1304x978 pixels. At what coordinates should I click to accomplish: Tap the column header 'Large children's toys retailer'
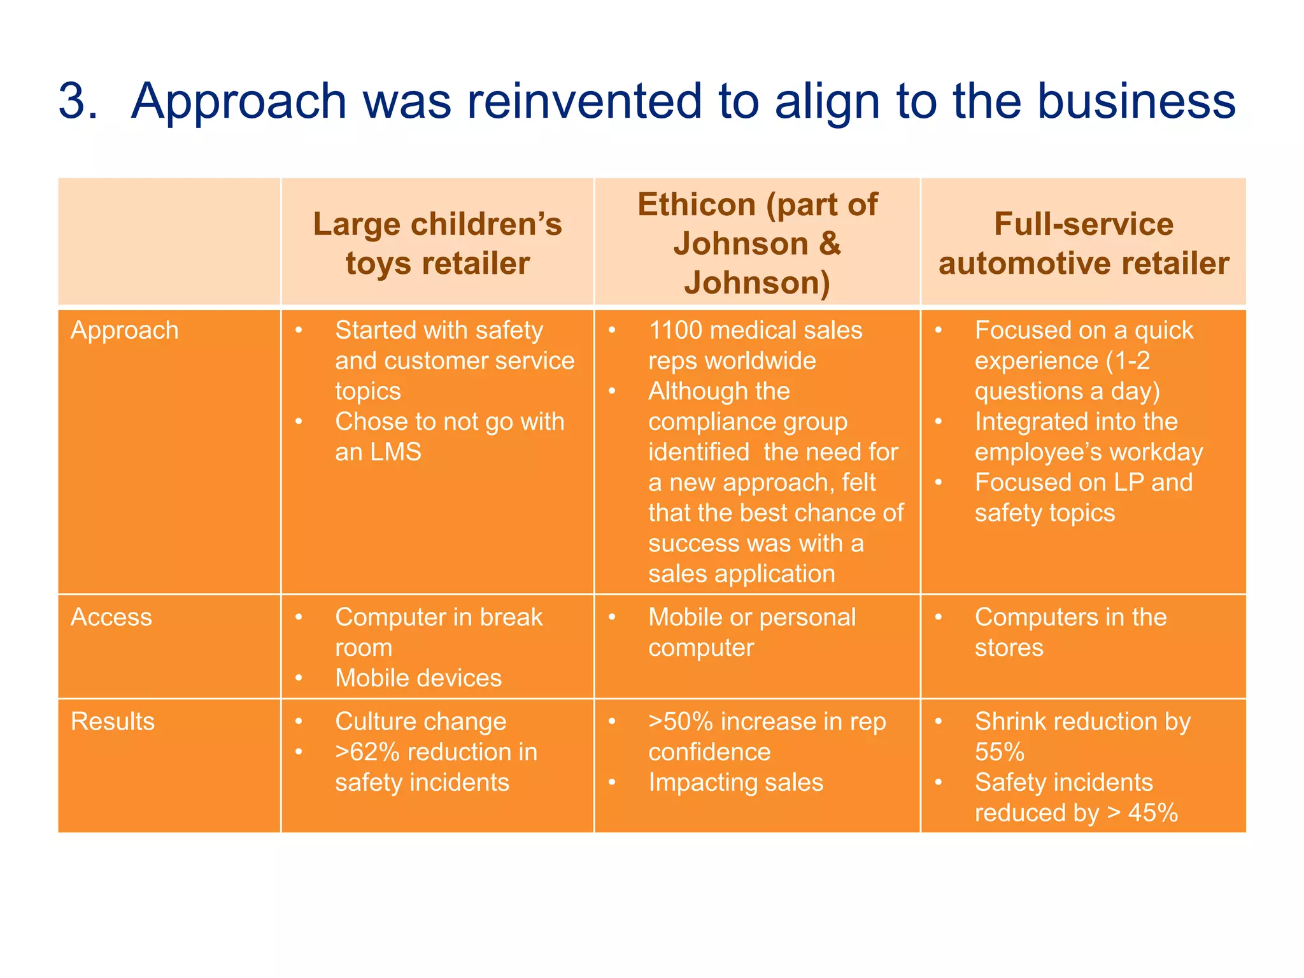pyautogui.click(x=437, y=243)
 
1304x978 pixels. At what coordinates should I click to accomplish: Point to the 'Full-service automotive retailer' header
pyautogui.click(x=1083, y=243)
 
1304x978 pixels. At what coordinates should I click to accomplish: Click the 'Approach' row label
pyautogui.click(x=125, y=330)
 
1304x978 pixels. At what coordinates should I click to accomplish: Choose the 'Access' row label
pyautogui.click(x=111, y=617)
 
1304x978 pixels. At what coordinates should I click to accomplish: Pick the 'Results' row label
pyautogui.click(x=113, y=721)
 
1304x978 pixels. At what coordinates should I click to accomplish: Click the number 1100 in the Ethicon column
pyautogui.click(x=675, y=330)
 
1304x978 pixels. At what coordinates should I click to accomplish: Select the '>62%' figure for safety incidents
pyautogui.click(x=367, y=752)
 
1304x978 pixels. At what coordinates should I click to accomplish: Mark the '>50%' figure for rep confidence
pyautogui.click(x=680, y=721)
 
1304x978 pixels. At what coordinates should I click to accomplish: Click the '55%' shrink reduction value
pyautogui.click(x=999, y=752)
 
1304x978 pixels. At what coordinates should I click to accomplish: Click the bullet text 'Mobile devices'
pyautogui.click(x=418, y=678)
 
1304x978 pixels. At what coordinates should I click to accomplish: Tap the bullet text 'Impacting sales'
pyautogui.click(x=735, y=783)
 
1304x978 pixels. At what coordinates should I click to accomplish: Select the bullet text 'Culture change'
pyautogui.click(x=421, y=721)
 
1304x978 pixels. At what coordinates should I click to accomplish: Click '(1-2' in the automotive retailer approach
pyautogui.click(x=1128, y=361)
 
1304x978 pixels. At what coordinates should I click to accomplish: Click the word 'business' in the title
pyautogui.click(x=1137, y=101)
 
